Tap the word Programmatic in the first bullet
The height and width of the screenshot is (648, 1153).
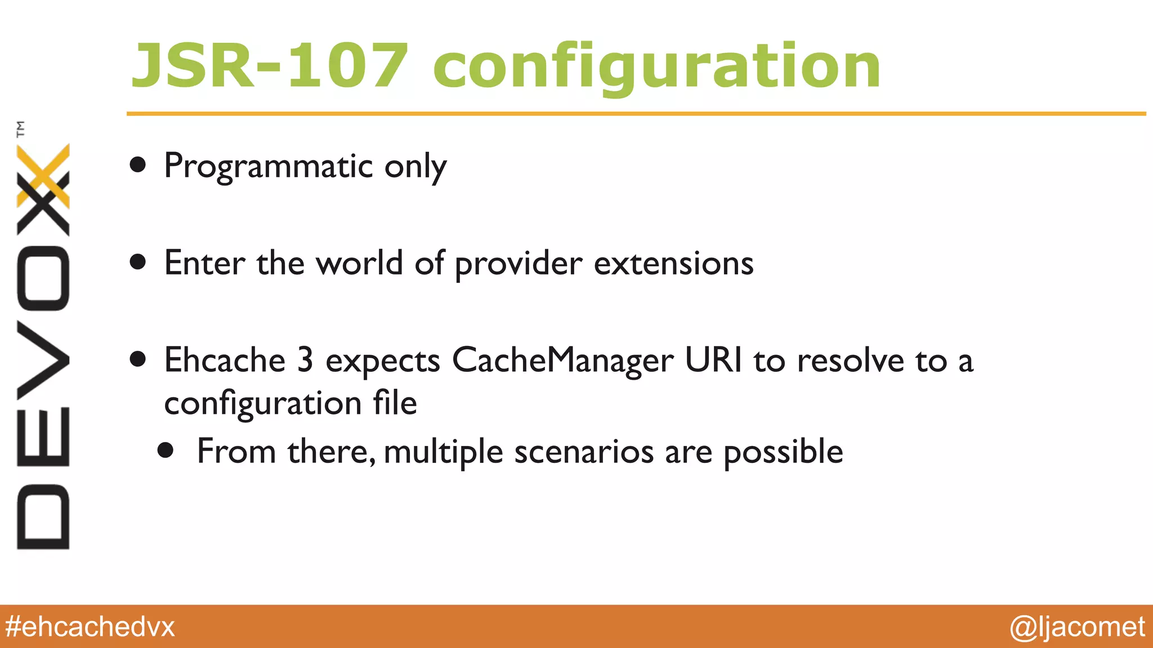tap(269, 166)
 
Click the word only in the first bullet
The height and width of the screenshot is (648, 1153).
tap(415, 167)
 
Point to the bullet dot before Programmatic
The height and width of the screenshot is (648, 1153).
tap(138, 165)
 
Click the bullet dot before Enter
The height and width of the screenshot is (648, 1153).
tap(138, 262)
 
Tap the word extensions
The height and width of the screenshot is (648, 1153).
tap(673, 263)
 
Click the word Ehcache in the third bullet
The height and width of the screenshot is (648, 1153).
tap(225, 360)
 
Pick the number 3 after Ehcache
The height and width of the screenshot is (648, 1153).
tap(305, 360)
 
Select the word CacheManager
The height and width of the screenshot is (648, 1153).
tap(562, 361)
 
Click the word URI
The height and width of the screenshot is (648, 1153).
tap(713, 360)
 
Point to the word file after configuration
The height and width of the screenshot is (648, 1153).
tap(395, 403)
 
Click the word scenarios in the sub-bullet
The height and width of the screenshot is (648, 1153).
tap(584, 452)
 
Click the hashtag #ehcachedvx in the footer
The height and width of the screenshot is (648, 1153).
tap(90, 627)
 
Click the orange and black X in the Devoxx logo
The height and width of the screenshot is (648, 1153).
tap(43, 190)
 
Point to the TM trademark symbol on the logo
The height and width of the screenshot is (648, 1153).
tap(21, 129)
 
